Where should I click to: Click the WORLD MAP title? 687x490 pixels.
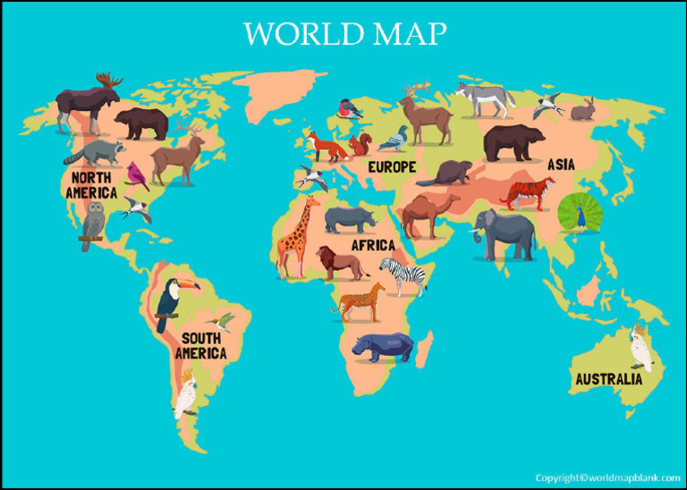pos(344,34)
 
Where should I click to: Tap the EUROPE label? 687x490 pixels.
pos(392,167)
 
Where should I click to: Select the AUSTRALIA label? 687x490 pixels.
pos(608,379)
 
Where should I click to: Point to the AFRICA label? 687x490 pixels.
pos(373,245)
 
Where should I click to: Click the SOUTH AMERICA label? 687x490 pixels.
pos(200,346)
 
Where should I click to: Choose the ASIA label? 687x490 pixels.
pos(562,165)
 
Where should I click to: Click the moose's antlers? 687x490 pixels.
pos(107,80)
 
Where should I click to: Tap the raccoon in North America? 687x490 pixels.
pos(93,153)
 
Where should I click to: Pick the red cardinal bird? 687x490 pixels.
pos(137,175)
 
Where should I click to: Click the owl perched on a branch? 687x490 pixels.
pos(93,221)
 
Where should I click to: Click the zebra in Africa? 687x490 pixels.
pos(402,275)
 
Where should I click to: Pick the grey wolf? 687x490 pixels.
pos(484,98)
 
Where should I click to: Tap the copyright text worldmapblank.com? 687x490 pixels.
pos(607,477)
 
